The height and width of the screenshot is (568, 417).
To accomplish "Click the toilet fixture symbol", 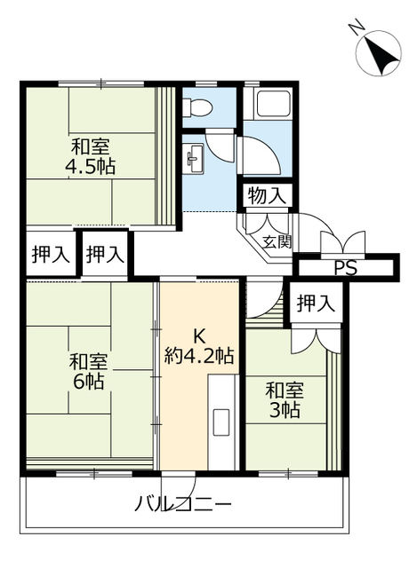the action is pos(196,107).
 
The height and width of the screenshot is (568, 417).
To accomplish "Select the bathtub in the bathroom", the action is pos(274,103).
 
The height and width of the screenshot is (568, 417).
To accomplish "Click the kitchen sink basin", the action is pos(221,422).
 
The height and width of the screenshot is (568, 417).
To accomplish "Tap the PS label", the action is pos(345,268).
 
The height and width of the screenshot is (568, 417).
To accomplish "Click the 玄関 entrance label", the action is pos(277,242).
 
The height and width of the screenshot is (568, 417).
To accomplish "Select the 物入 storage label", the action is pos(267,196).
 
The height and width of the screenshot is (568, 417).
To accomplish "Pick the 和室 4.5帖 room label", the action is pos(91,156).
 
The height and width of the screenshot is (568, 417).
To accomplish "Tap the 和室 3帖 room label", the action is pos(285,400).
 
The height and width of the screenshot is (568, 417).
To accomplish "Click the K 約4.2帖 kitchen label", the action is pos(199,347).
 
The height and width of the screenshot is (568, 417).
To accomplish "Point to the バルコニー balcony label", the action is pos(183,504).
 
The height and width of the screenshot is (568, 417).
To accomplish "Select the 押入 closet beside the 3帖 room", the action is pos(316,303).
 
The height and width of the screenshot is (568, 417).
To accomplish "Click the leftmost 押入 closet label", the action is pos(51,254).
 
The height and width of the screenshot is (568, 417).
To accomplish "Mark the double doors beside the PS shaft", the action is pos(342,242).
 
